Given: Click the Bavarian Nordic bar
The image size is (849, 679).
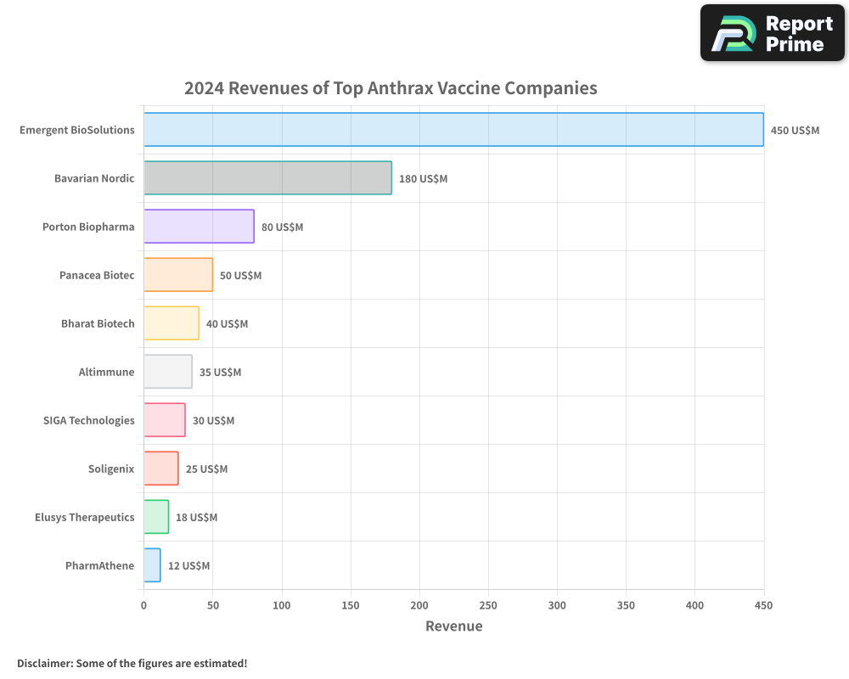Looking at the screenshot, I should click(267, 178).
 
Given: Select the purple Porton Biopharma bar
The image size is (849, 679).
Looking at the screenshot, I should click(199, 227).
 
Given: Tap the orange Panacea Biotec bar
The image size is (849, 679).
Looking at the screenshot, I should click(178, 275).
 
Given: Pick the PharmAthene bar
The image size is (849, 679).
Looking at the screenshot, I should click(152, 565).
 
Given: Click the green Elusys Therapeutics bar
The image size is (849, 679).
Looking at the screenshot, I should click(156, 517).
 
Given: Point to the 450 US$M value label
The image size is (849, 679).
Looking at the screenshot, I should click(795, 130).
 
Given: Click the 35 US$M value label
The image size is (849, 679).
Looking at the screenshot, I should click(220, 372).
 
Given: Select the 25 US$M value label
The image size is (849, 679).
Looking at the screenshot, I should click(206, 469).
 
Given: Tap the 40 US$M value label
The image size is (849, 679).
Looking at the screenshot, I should click(227, 323).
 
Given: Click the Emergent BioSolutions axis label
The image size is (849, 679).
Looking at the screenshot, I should click(77, 130).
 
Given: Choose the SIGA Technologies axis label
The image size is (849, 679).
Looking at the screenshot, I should click(88, 420).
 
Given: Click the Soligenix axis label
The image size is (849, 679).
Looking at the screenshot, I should click(111, 469).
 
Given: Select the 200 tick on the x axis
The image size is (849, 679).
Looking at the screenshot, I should click(419, 605).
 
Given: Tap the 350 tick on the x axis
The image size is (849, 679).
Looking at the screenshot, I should click(626, 605).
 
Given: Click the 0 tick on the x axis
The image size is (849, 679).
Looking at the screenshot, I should click(143, 605).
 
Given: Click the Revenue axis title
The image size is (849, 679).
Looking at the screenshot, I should click(453, 626).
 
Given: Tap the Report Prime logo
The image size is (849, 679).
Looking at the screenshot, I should click(772, 33).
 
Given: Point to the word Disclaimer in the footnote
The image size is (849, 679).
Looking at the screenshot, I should click(44, 663).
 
